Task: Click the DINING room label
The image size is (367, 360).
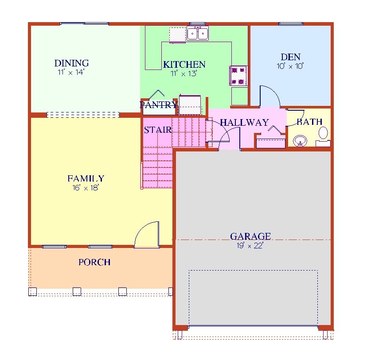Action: tap(71, 63)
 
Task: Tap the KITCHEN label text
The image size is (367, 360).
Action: tap(184, 65)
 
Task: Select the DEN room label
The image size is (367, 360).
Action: tap(290, 57)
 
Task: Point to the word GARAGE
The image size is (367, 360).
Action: tap(250, 236)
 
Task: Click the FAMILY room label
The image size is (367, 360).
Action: tap(86, 179)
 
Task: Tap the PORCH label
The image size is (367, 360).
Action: tap(94, 262)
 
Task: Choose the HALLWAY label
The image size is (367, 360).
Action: tap(244, 123)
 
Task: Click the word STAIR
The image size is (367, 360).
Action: tap(157, 130)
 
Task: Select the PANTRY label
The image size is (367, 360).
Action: tap(158, 105)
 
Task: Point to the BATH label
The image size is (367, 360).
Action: tap(309, 122)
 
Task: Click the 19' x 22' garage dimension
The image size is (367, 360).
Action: tap(250, 245)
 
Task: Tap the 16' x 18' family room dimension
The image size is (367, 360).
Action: tap(86, 187)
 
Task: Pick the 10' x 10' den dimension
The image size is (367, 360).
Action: tap(290, 66)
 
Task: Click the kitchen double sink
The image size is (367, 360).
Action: tap(198, 34)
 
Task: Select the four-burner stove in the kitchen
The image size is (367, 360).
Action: tap(238, 75)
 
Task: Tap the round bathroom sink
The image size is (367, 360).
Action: tap(301, 141)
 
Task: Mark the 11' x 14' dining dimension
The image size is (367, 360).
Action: tap(71, 72)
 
